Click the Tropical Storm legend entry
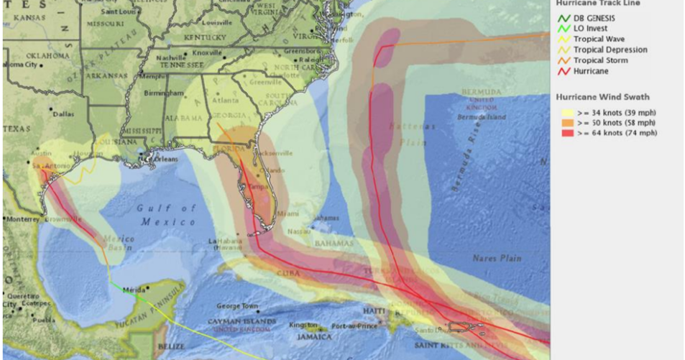click(x=599, y=60)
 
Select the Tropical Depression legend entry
click(x=610, y=50)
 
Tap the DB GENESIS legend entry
click(x=594, y=18)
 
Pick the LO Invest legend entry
click(x=589, y=29)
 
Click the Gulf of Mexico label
click(x=167, y=215)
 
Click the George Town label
click(x=237, y=305)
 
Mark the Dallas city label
click(x=63, y=114)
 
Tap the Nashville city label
click(x=171, y=57)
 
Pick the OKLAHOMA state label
click(x=48, y=55)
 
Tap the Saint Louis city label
click(x=118, y=11)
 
